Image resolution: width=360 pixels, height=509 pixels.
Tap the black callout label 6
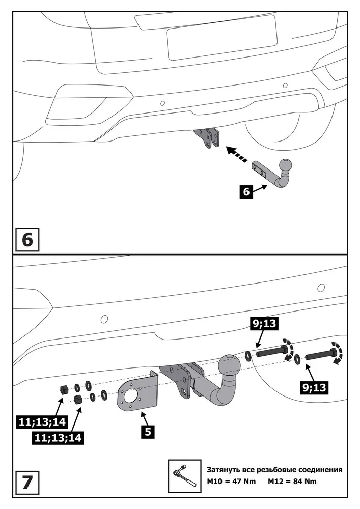click(x=246, y=192)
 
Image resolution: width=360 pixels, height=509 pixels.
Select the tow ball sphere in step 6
click(x=286, y=166)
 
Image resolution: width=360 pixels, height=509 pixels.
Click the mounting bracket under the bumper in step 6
click(x=209, y=139)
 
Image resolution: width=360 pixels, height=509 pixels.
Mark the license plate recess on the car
click(x=221, y=36)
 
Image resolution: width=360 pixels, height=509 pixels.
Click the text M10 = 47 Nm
click(x=231, y=482)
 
